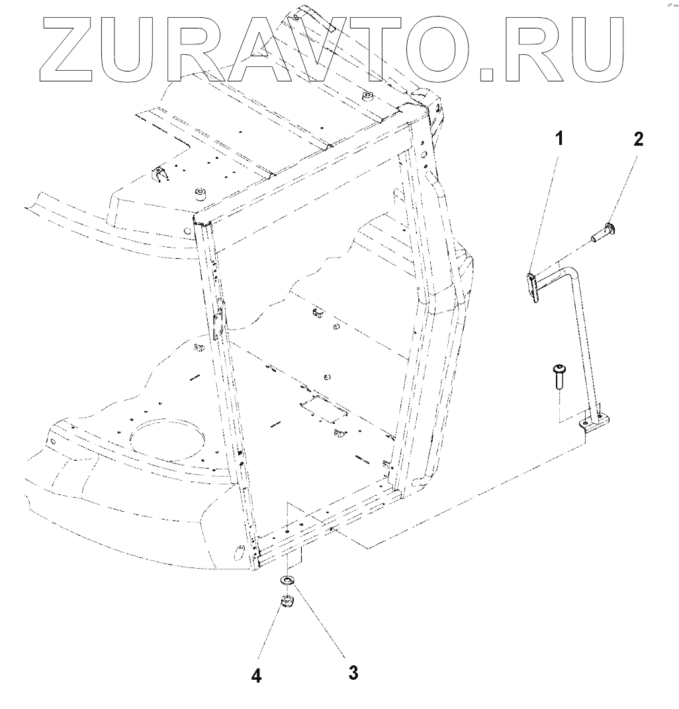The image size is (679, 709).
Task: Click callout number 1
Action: (x=559, y=139)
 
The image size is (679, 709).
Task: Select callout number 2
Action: (x=637, y=139)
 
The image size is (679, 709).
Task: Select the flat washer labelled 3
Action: (x=287, y=581)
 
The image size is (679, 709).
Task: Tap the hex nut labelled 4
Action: (x=287, y=602)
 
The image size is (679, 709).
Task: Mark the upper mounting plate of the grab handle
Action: (x=533, y=285)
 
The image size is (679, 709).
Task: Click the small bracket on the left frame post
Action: (x=219, y=323)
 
